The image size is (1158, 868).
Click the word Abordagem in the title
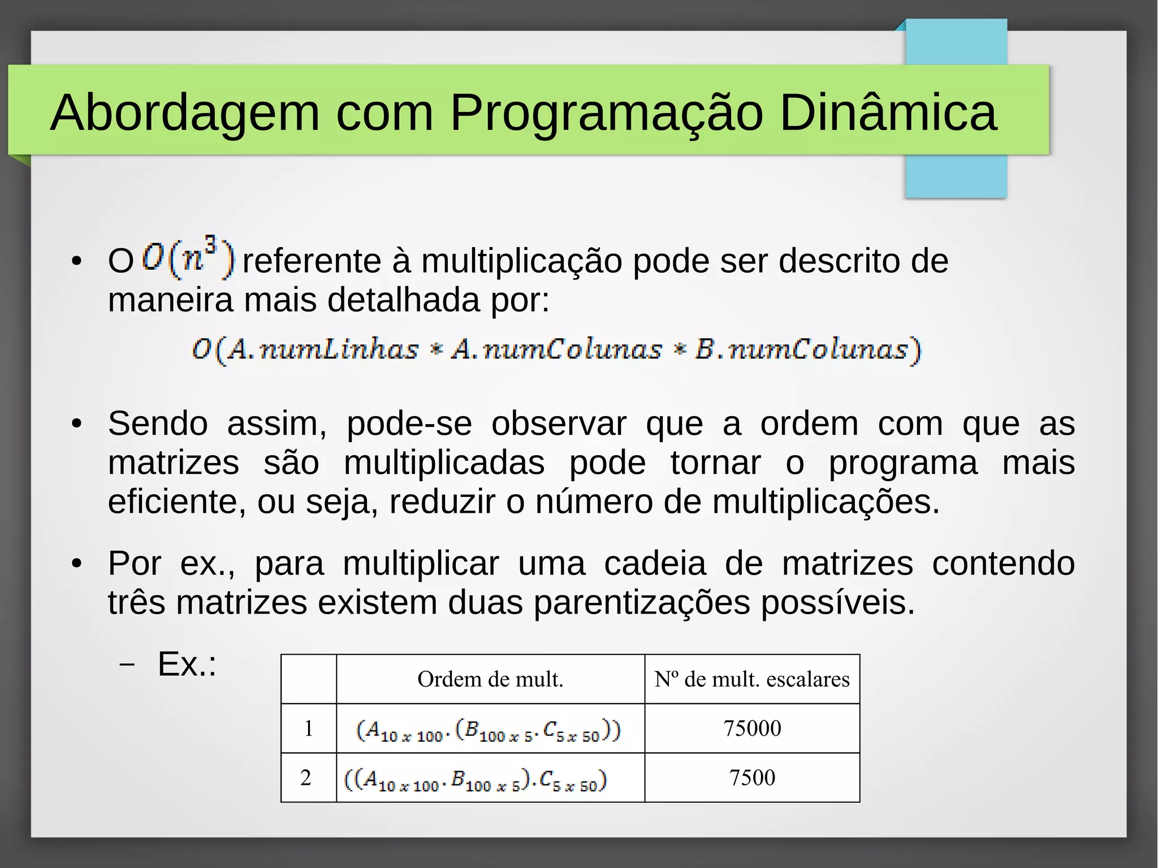point(184,113)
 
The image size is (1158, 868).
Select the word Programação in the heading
point(606,113)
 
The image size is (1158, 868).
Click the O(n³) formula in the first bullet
point(188,258)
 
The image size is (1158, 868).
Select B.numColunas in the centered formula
point(801,349)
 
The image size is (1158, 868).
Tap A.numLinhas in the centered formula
point(323,349)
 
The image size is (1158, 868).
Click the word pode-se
point(409,424)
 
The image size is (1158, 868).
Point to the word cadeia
point(655,564)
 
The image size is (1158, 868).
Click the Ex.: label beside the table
point(187,664)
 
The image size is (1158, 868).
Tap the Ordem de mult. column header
point(490,679)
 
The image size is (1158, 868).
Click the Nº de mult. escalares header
point(751,679)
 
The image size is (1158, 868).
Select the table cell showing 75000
point(752,728)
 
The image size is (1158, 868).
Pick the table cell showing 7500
point(752,778)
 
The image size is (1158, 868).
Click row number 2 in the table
point(306,778)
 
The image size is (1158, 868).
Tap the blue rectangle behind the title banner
point(956,175)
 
